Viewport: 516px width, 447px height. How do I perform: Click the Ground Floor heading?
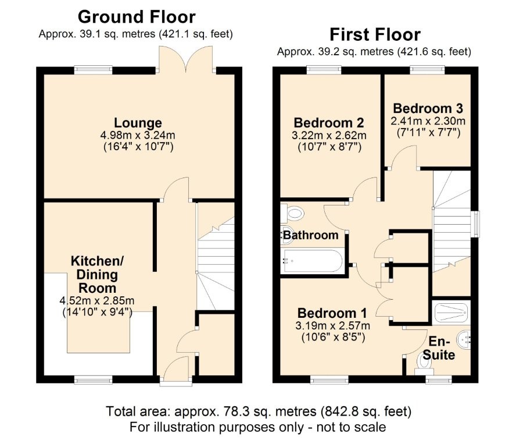[x=137, y=16]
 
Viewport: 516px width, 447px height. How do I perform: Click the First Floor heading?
[x=375, y=34]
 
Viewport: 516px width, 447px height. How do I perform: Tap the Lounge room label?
[x=138, y=123]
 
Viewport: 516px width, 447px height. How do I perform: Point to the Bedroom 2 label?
[x=329, y=123]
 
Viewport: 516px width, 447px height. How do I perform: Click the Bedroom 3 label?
[x=428, y=108]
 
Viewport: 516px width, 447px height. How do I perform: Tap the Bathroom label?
[x=310, y=235]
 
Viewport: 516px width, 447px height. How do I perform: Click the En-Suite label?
[x=442, y=348]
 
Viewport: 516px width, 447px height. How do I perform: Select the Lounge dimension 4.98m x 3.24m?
[x=138, y=135]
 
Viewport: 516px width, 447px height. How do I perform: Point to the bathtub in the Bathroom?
[x=312, y=262]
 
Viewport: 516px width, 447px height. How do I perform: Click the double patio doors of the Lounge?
[x=187, y=58]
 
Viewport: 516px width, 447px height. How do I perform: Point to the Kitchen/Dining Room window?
[x=94, y=380]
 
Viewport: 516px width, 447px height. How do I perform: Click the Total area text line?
[x=259, y=411]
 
